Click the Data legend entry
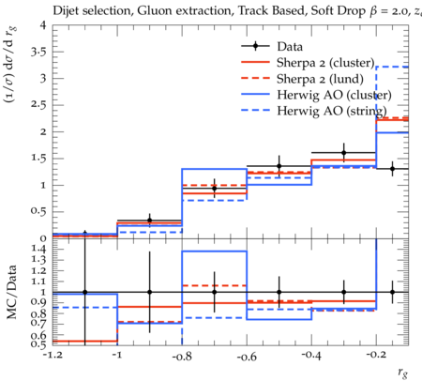coord(290,47)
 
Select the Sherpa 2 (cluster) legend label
coord(325,63)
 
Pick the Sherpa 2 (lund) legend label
coord(320,79)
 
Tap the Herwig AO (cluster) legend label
coord(334,95)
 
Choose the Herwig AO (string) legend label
coord(332,111)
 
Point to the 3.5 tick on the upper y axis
coord(38,52)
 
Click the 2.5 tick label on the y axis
coord(38,105)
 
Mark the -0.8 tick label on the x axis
coord(182,356)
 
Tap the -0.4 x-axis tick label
coord(311,356)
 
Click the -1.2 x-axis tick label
coord(53,355)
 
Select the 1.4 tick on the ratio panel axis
coord(38,250)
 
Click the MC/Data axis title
coord(12,292)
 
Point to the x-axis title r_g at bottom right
coord(403,373)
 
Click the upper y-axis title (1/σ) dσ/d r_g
coord(10,65)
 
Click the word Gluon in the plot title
coord(151,10)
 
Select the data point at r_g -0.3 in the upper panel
coord(344,153)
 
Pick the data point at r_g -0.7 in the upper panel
coord(215,189)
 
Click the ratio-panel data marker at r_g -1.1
coord(84,292)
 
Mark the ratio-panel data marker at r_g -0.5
coord(279,292)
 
